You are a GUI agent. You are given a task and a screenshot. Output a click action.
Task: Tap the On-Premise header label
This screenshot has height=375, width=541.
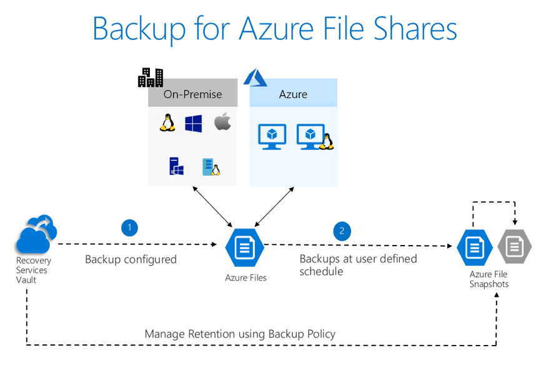(x=192, y=94)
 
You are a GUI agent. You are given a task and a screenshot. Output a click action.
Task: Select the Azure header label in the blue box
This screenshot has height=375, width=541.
(x=293, y=94)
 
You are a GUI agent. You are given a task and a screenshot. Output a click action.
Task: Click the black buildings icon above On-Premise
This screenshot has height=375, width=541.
(x=151, y=77)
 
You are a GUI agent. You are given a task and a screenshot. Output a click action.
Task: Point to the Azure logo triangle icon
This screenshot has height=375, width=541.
(x=255, y=77)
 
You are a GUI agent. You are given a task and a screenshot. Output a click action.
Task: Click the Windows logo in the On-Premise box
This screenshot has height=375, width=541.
(x=193, y=123)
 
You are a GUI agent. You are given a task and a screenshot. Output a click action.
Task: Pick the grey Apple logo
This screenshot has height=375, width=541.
(x=222, y=122)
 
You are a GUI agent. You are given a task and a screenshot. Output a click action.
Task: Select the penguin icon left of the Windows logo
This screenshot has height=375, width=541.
(x=166, y=122)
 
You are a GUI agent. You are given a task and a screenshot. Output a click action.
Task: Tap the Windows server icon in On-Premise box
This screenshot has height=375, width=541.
(x=176, y=166)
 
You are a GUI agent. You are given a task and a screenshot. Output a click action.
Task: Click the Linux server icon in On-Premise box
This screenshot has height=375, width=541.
(x=211, y=167)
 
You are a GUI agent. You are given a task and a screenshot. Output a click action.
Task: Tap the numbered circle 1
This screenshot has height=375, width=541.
(x=129, y=228)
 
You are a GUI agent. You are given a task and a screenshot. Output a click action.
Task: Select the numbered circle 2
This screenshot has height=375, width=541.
(x=342, y=231)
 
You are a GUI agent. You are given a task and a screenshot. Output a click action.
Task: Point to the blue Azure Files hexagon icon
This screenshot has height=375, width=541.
(x=244, y=247)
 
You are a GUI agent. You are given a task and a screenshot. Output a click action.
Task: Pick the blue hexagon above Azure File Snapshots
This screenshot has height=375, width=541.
(x=475, y=247)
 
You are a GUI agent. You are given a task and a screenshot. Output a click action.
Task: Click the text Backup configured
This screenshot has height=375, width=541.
(x=131, y=259)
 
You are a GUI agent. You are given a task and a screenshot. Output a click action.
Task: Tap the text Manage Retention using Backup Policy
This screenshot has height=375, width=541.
(x=240, y=334)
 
